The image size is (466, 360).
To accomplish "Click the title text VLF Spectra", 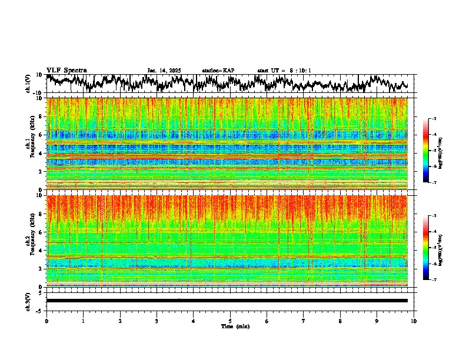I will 66,71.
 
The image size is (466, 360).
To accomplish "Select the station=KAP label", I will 218,71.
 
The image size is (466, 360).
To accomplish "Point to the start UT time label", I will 284,71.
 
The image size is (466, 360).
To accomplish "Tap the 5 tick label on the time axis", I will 230,321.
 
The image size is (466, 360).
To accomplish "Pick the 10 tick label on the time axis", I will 414,321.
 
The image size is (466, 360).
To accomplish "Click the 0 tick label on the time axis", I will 46,321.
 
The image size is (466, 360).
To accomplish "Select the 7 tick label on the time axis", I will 304,321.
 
